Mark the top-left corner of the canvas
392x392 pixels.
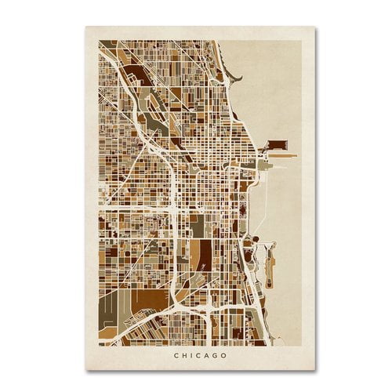(x=85, y=28)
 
